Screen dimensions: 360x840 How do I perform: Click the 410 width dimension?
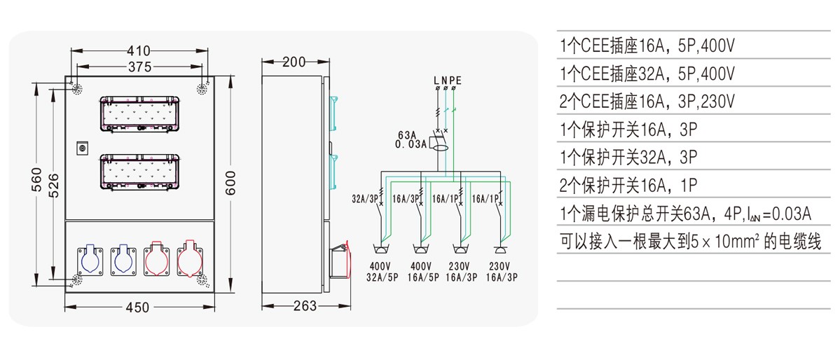(139, 51)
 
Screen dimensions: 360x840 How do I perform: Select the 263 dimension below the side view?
(305, 306)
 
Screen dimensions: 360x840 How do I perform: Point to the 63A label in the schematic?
(407, 134)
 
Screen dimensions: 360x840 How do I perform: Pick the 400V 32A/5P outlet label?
(383, 271)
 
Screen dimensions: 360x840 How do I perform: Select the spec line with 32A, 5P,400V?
(647, 73)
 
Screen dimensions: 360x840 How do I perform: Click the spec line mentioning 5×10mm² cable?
(690, 242)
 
